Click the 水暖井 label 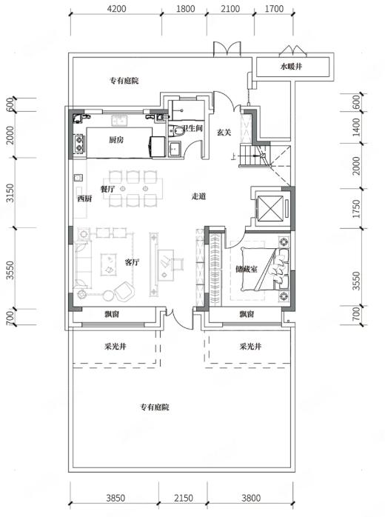click(x=291, y=67)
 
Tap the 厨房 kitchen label click(x=116, y=140)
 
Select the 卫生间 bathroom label click(x=192, y=128)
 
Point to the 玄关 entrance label click(x=224, y=133)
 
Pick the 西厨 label click(x=84, y=199)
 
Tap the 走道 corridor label click(x=198, y=196)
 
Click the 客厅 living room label click(x=132, y=262)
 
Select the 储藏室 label click(x=247, y=270)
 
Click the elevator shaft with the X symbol click(x=270, y=208)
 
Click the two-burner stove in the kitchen click(x=79, y=144)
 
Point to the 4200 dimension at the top click(x=117, y=8)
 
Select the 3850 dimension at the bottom click(x=115, y=498)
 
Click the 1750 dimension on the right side click(x=356, y=208)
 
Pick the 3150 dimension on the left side click(x=10, y=193)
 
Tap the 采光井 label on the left click(x=115, y=347)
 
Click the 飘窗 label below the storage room click(x=247, y=314)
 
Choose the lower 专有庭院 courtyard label click(x=155, y=407)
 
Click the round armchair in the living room click(x=124, y=291)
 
